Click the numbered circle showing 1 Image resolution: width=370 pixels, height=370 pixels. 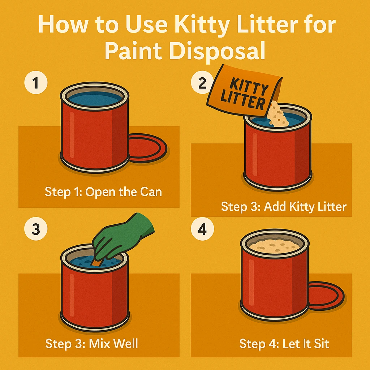[x=36, y=83]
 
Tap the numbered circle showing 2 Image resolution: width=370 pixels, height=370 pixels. [x=202, y=83]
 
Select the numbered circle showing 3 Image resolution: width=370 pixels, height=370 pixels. [x=36, y=229]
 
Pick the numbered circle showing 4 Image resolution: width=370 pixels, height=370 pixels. [x=202, y=229]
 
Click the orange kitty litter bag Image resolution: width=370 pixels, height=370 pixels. [x=244, y=91]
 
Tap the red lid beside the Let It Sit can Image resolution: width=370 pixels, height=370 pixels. [x=326, y=296]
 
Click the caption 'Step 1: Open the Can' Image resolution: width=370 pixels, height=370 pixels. [x=103, y=192]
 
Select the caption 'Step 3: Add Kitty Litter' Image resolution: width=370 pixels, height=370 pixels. [x=284, y=207]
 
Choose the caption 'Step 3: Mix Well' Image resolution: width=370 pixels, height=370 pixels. [x=91, y=343]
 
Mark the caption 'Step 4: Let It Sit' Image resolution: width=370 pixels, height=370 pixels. [x=284, y=343]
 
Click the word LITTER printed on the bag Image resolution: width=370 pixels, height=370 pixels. [x=243, y=100]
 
